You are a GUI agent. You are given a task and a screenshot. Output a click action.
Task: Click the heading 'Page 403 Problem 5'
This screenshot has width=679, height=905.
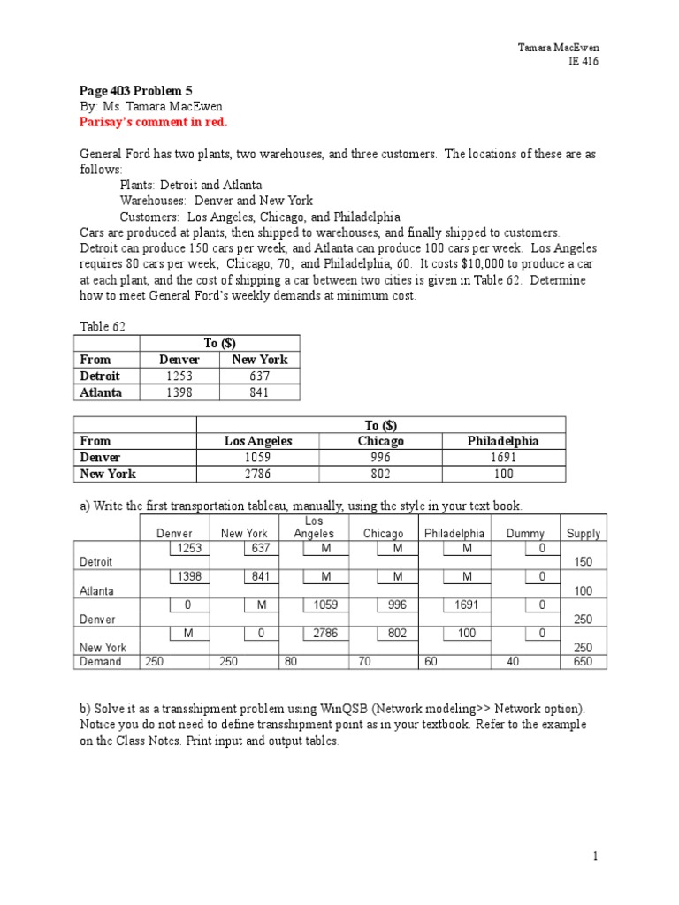pos(136,90)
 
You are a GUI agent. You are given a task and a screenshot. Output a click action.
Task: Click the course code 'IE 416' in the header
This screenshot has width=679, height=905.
pos(584,61)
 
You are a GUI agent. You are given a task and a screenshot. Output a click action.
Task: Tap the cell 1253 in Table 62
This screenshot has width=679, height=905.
pos(179,376)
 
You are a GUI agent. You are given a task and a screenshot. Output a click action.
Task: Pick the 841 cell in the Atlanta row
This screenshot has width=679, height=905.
pos(259,392)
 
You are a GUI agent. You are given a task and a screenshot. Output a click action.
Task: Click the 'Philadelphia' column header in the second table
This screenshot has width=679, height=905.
pos(503,441)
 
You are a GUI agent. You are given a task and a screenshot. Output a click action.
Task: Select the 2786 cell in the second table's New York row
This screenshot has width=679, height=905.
pos(258,474)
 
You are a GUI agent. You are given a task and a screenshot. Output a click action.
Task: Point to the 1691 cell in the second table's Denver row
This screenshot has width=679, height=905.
pos(502,458)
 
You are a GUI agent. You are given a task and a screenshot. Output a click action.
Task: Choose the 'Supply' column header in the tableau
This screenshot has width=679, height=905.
pos(584,534)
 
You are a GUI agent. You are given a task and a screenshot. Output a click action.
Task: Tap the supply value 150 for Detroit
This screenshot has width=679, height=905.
pos(584,562)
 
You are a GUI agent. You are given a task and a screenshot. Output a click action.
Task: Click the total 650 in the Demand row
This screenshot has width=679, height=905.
pos(584,662)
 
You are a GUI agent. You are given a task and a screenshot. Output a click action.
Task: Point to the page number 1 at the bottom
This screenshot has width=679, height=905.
pos(596,856)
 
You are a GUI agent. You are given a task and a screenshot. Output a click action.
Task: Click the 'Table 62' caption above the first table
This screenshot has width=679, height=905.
pos(103,327)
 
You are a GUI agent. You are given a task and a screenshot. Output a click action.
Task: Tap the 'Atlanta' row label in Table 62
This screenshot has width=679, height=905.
pos(101,392)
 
